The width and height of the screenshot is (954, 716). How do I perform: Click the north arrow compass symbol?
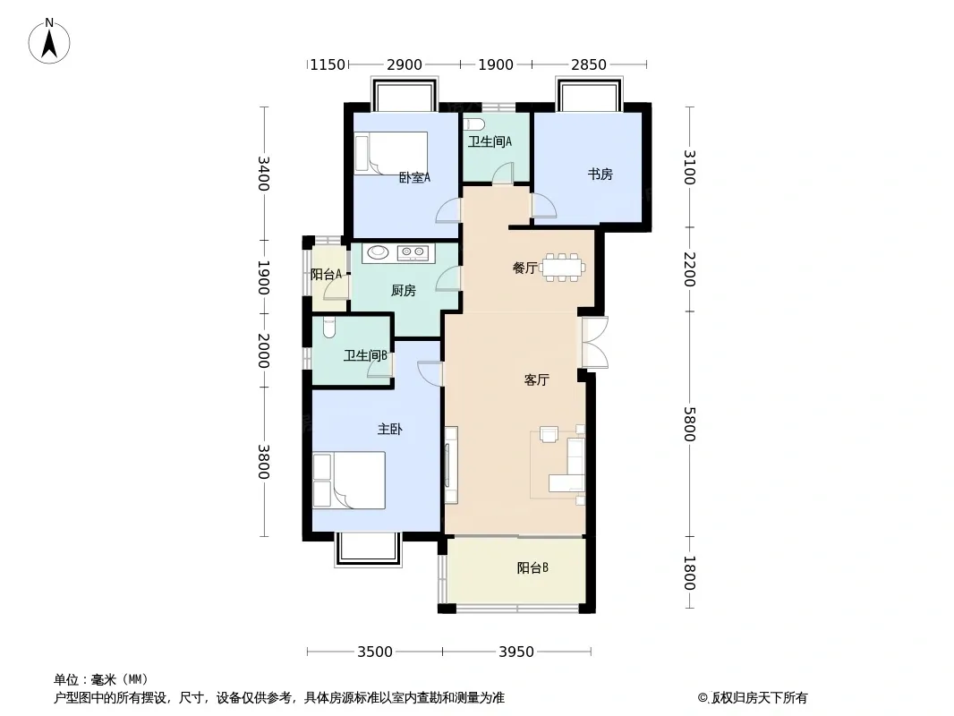click(x=49, y=41)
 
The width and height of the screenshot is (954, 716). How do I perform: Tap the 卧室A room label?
click(x=414, y=177)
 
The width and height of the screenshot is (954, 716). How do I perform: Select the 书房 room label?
click(x=600, y=175)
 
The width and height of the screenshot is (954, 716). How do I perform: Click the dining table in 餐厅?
click(x=564, y=267)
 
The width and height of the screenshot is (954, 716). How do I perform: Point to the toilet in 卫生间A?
click(x=474, y=124)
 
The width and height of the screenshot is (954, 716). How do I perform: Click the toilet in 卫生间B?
click(x=329, y=328)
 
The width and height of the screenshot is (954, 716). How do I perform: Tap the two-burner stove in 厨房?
click(x=413, y=251)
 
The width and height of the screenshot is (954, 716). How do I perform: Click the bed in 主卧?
click(x=349, y=480)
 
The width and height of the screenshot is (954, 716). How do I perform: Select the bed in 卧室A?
click(x=391, y=153)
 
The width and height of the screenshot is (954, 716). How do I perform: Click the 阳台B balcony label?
click(x=533, y=567)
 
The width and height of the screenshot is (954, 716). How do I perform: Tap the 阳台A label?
click(x=326, y=275)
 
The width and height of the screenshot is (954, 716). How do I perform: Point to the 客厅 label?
click(x=537, y=380)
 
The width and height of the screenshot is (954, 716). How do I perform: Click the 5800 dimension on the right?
click(x=689, y=424)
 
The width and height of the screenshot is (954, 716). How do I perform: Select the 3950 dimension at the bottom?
click(x=516, y=652)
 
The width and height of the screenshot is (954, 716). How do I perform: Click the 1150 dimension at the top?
click(x=328, y=64)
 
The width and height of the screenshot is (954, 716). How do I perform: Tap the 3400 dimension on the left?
click(x=263, y=174)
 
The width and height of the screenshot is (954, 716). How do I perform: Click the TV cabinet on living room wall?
click(x=451, y=465)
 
